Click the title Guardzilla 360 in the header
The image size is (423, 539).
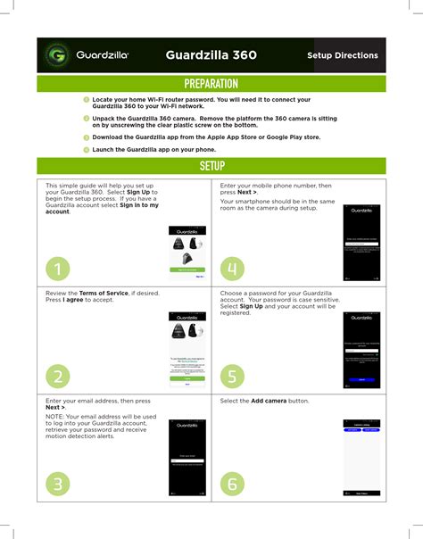211,55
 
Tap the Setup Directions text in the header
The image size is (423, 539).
342,55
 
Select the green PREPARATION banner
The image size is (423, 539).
211,84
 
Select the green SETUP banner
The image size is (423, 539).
211,166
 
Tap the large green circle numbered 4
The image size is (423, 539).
232,268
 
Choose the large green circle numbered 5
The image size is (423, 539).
232,376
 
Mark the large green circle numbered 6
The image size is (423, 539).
232,484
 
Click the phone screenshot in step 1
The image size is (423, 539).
187,253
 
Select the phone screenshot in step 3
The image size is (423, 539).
187,459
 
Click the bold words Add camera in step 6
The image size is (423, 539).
269,402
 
